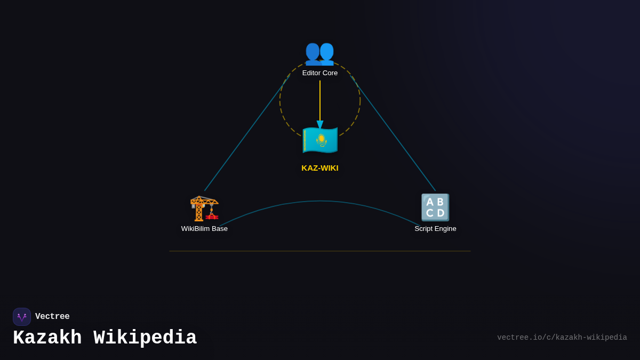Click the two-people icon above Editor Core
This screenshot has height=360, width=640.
click(x=319, y=53)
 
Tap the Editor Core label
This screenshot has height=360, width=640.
click(x=320, y=73)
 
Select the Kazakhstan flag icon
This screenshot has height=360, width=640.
click(x=320, y=140)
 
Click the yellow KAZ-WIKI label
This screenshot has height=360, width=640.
click(x=320, y=168)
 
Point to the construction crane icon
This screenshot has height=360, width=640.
click(x=204, y=207)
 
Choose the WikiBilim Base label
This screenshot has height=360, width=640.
click(x=204, y=229)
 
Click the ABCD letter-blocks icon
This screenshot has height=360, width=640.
click(x=435, y=207)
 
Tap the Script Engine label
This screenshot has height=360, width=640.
click(x=435, y=229)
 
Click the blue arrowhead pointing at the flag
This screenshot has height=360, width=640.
click(x=320, y=125)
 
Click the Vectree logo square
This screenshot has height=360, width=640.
click(x=22, y=317)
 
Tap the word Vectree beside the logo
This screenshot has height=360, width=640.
click(x=52, y=317)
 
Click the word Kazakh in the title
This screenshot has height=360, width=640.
click(x=47, y=338)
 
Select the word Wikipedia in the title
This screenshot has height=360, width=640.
click(x=145, y=338)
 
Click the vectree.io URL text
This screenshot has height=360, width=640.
click(x=562, y=338)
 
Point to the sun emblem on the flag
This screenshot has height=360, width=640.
click(x=322, y=139)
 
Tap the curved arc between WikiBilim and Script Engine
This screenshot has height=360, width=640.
click(x=320, y=201)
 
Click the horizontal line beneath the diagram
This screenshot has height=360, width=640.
click(x=320, y=251)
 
